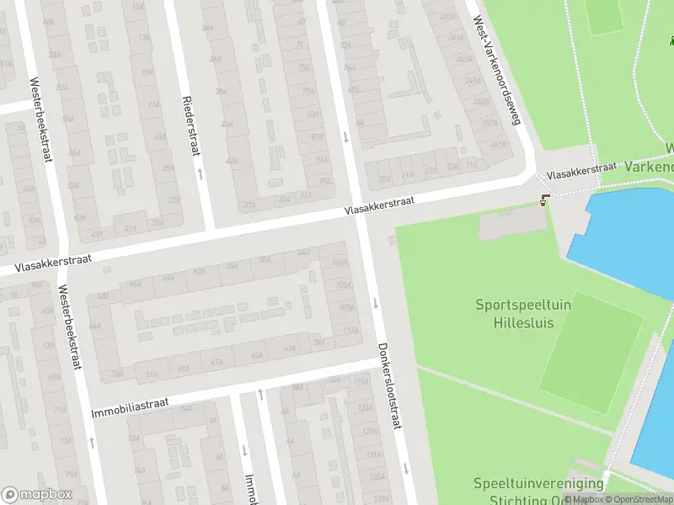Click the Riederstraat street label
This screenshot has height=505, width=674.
[x=190, y=125]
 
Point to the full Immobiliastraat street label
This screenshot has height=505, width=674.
[x=130, y=409]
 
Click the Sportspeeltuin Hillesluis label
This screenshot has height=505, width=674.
[x=522, y=313]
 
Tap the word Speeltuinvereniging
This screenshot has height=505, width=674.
[x=538, y=483]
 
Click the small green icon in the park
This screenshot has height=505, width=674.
[x=671, y=40]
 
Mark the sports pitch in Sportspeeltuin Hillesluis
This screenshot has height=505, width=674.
[x=590, y=353]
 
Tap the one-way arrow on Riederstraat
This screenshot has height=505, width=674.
[x=200, y=173]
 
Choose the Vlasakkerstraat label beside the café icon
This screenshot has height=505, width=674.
[x=581, y=170]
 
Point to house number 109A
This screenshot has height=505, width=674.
[x=345, y=307]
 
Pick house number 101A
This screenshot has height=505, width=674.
[x=340, y=263]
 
